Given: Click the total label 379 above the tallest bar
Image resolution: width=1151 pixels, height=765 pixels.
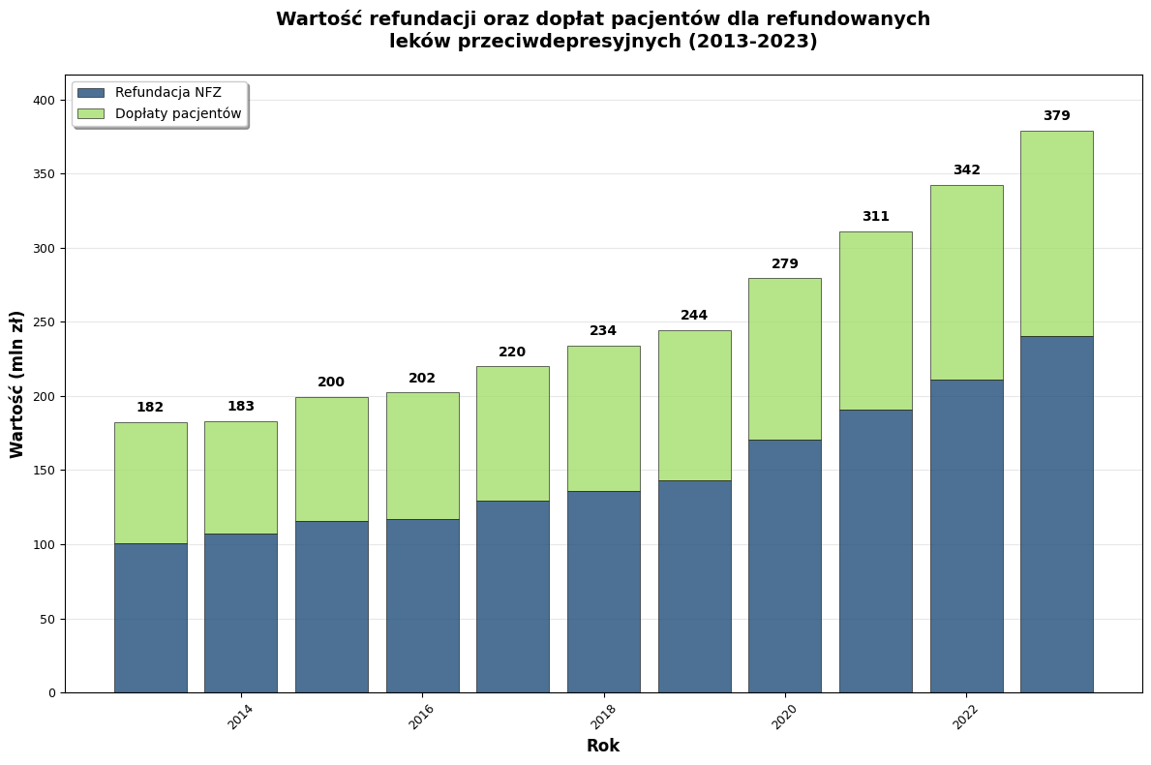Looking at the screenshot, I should tap(1056, 116).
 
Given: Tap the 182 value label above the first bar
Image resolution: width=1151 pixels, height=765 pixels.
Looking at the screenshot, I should tap(150, 408).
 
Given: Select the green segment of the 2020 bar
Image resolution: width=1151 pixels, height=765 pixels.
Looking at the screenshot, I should tap(785, 359).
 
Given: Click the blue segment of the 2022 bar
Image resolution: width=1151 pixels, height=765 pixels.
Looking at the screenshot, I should tap(966, 535).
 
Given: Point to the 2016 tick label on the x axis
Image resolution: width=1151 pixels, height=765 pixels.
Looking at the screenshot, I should tap(421, 717).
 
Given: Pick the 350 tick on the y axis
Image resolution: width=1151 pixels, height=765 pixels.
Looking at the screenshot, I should tap(45, 174).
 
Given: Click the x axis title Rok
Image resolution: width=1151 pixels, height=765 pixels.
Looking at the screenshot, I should tap(603, 747).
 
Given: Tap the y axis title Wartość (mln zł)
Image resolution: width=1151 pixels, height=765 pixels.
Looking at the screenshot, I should tap(17, 384).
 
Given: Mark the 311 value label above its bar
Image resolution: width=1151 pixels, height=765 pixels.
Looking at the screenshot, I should tap(875, 217).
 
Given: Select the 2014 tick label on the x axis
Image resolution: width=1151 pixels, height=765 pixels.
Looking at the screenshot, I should tap(240, 717).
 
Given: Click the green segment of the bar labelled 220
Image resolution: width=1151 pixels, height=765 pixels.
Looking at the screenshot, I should tap(513, 434).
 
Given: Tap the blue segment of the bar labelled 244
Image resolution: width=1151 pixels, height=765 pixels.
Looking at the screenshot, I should tap(694, 586).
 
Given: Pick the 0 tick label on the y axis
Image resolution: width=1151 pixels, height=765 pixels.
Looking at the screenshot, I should tap(52, 693).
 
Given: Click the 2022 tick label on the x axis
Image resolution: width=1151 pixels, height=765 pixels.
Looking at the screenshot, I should tap(965, 717).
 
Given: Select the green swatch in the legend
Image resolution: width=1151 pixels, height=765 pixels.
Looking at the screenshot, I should tap(91, 114).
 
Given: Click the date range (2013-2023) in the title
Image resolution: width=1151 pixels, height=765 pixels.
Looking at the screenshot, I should tap(760, 42).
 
